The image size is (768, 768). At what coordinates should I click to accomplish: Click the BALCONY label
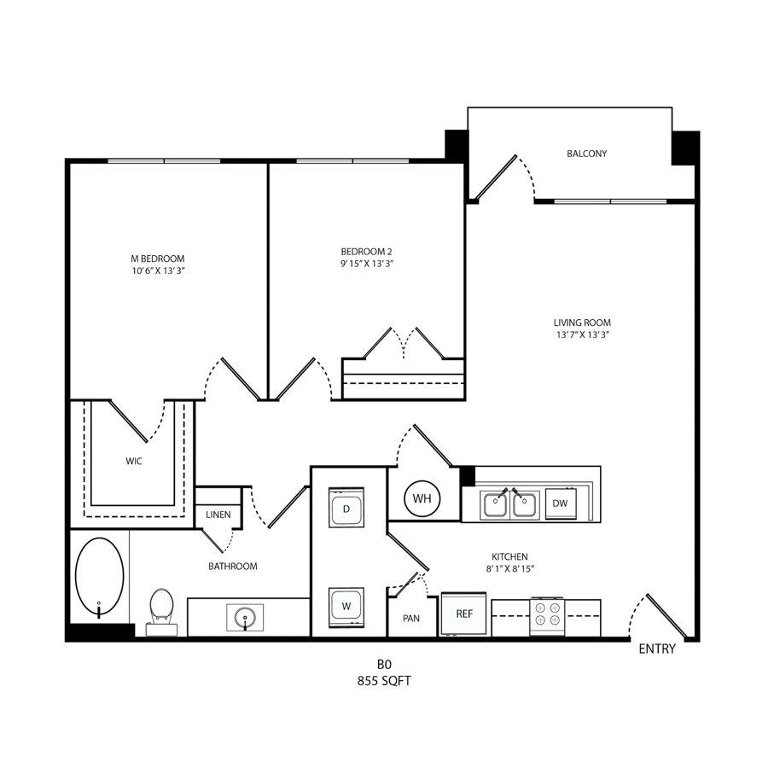pos(587,154)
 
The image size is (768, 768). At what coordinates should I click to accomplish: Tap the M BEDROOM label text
pos(158,259)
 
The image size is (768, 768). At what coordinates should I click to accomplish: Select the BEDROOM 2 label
pos(366,252)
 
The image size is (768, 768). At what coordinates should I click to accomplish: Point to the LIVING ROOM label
pos(582,323)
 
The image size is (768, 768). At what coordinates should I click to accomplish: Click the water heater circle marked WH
pos(422,498)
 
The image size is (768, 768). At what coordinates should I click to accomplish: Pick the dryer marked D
pos(346,508)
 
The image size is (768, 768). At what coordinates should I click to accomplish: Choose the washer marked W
pos(346,607)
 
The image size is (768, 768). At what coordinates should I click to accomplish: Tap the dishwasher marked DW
pos(561,503)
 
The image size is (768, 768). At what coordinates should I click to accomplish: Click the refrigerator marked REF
pos(464,614)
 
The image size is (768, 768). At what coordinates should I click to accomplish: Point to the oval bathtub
pos(100,577)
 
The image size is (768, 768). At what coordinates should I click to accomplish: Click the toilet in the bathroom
pos(162,612)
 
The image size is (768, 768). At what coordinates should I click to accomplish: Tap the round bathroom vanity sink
pos(245,617)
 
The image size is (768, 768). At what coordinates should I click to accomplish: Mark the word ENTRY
pos(657,649)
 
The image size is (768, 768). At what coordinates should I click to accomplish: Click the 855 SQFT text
pos(384,681)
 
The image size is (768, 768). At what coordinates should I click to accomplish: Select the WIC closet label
pos(134,462)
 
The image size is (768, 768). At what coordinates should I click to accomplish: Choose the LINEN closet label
pos(218,515)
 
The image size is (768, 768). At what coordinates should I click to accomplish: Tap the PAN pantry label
pos(411,619)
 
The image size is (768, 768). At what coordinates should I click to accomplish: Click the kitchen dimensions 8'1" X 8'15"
pos(510,569)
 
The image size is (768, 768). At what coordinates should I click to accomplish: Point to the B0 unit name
pos(384,665)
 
